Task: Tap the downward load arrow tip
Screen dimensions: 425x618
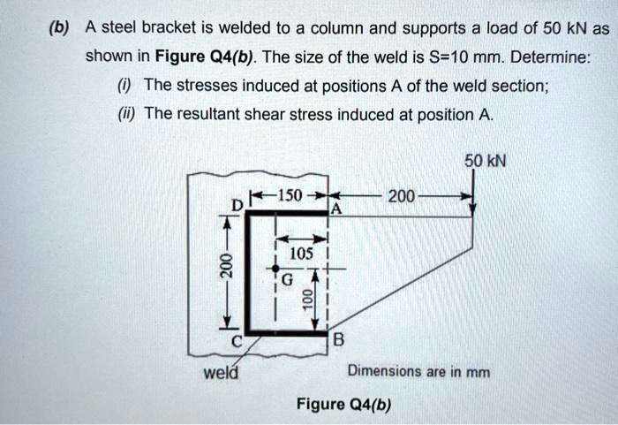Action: pyautogui.click(x=474, y=212)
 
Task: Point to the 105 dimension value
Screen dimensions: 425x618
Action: pyautogui.click(x=303, y=253)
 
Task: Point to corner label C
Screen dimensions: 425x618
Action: pyautogui.click(x=236, y=343)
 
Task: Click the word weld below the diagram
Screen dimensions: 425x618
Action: pyautogui.click(x=216, y=372)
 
